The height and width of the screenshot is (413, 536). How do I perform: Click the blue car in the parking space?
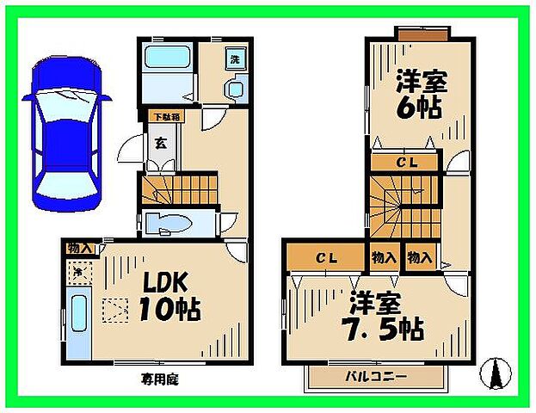tap(65, 133)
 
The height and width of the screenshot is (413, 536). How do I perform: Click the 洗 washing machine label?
tap(234, 60)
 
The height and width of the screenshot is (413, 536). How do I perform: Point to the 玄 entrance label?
tap(160, 144)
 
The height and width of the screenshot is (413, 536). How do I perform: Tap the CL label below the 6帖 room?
tap(406, 161)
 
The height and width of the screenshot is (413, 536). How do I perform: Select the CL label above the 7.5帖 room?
tap(325, 257)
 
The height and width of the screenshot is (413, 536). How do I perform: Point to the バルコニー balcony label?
tap(376, 376)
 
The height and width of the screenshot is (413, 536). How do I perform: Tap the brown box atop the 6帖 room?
tap(422, 33)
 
